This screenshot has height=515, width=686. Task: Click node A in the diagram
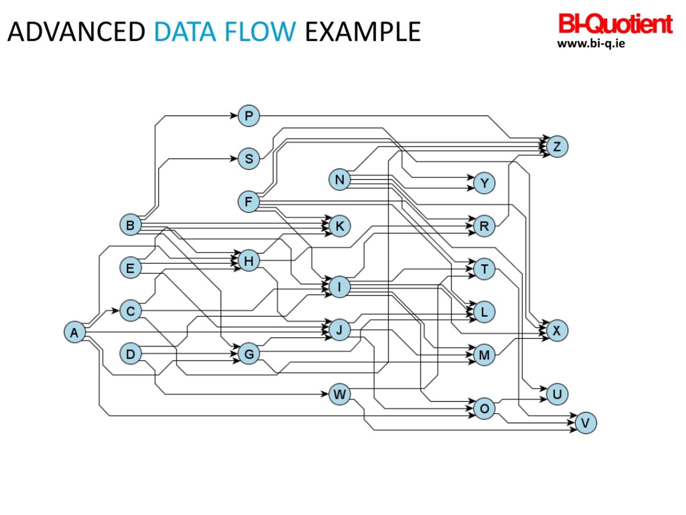[75, 332]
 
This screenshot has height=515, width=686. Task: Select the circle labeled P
[249, 116]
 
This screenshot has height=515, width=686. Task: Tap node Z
[557, 146]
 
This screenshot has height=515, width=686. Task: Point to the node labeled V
[586, 423]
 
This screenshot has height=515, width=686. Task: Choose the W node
[340, 394]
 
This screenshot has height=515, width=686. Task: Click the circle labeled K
[340, 226]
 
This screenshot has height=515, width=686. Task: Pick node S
[249, 159]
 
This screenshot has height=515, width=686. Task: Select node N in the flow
[340, 179]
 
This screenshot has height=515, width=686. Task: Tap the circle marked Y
[484, 183]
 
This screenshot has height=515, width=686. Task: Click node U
[557, 394]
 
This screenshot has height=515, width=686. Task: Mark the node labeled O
[484, 409]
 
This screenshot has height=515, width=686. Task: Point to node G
[249, 354]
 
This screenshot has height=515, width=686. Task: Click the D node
[131, 354]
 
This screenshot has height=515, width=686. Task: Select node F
[249, 202]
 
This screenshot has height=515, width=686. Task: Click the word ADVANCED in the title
[76, 32]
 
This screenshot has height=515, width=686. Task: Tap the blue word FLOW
[260, 32]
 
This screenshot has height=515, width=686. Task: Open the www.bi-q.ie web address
[591, 43]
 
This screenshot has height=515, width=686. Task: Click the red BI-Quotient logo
[615, 24]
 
